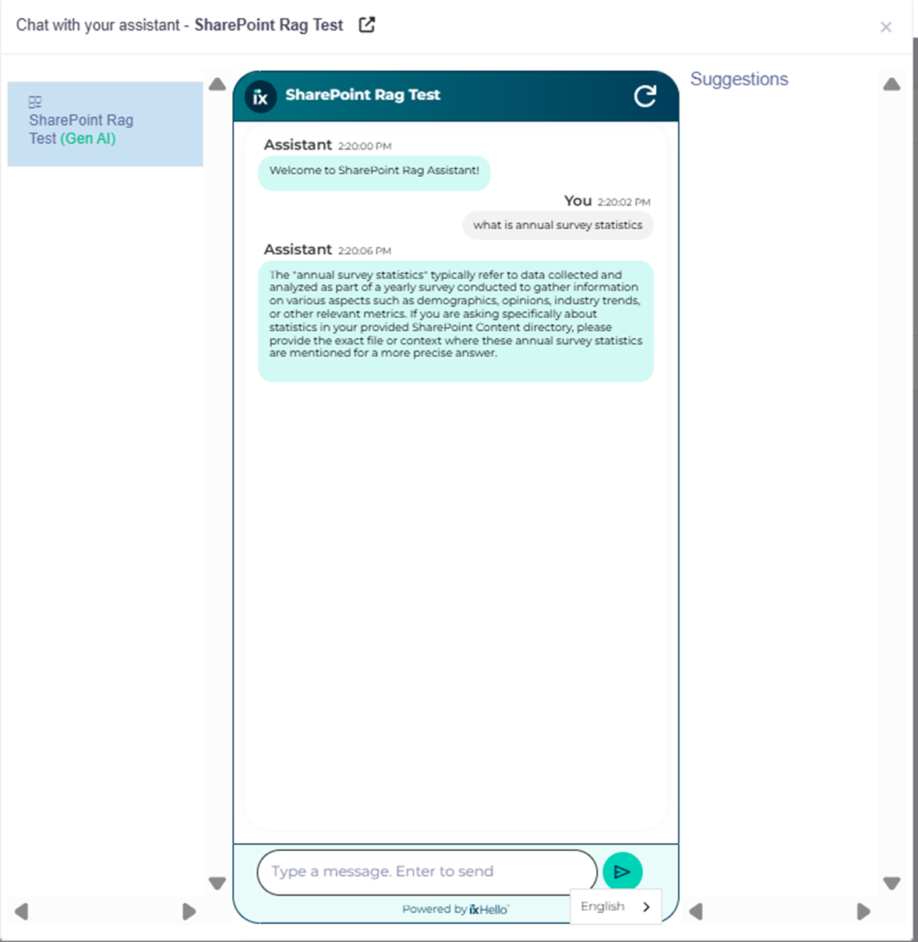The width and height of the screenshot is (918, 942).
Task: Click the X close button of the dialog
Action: coord(885,27)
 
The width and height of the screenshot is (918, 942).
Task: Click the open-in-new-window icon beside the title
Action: coord(367,25)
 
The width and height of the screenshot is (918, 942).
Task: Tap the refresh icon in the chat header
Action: coord(644,97)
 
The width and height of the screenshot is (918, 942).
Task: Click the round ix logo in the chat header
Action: coord(260,97)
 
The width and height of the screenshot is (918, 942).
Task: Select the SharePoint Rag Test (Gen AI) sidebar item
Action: coord(105,125)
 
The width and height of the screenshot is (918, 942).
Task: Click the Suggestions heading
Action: coord(739,79)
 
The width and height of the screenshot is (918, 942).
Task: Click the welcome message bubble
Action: coord(374,171)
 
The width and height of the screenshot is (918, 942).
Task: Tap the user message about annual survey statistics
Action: coord(558,225)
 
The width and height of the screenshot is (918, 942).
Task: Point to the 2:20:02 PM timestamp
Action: coord(623,202)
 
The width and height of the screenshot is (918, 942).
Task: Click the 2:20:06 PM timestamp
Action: coord(365,251)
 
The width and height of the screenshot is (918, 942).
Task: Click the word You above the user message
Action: coord(577,201)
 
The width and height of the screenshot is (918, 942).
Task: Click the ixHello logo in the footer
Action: coord(489,909)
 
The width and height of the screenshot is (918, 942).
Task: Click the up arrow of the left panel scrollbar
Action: coord(217,84)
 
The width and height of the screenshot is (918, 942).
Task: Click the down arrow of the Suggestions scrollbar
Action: coord(892,884)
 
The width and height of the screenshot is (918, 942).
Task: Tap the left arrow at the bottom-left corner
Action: coord(22,912)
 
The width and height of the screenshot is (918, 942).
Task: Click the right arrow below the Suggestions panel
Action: coord(863,912)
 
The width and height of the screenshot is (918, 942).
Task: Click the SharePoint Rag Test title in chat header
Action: coord(362,95)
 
